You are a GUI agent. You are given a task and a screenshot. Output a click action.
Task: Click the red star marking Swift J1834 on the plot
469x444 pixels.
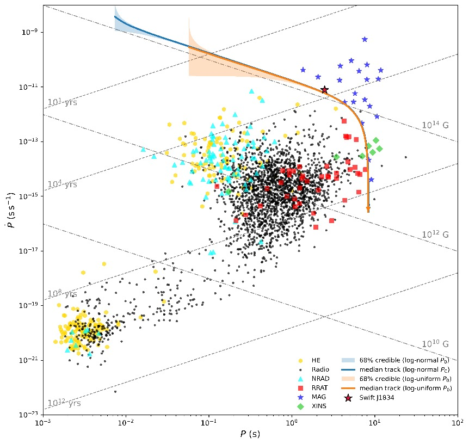[x=324, y=90]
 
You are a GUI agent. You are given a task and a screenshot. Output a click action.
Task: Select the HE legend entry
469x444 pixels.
[x=316, y=360]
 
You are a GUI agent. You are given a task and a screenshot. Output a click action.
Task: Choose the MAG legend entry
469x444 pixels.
[x=317, y=397]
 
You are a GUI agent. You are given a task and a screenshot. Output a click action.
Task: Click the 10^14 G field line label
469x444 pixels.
[x=435, y=125]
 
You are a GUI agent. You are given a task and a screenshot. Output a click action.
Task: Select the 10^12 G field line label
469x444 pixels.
[x=435, y=235]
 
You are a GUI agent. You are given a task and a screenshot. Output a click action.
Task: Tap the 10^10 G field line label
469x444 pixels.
[x=435, y=344]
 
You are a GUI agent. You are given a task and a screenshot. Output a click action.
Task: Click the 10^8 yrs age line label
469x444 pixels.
[x=63, y=294]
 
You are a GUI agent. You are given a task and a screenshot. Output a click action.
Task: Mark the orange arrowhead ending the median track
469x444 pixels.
[x=368, y=209]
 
